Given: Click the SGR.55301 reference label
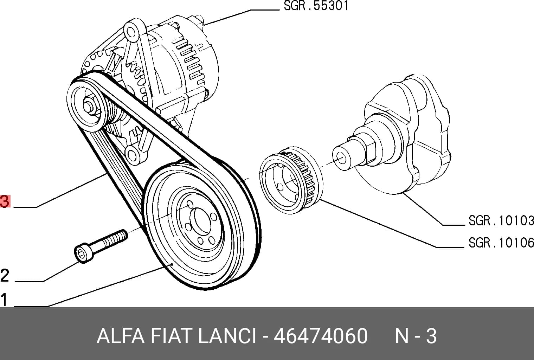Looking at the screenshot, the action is click(316, 6).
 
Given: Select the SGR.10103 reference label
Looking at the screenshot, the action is click(501, 220).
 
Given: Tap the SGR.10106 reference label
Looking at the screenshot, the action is click(501, 243).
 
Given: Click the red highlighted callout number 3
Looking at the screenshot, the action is click(5, 201).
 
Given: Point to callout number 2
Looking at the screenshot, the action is click(5, 275).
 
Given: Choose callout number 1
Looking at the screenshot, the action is click(4, 300).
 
